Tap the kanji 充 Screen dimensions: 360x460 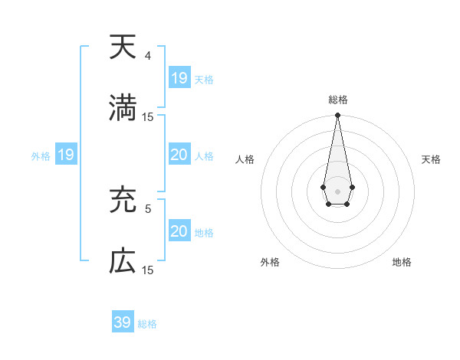pos(123,201)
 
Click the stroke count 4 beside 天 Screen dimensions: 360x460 pos(148,56)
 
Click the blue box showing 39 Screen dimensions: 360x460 pos(123,322)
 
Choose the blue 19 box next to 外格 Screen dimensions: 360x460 pos(65,155)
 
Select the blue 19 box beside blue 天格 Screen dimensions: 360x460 pos(179,78)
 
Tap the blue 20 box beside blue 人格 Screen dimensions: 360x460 pos(179,155)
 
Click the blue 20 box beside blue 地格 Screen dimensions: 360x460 pos(179,231)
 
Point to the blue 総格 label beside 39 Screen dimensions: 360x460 pos(147,324)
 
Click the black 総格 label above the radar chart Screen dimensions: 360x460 pos(337,100)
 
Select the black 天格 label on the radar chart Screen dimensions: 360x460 pos(431,159)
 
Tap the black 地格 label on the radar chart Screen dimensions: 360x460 pos(402,262)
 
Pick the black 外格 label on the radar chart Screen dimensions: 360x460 pos(270,262)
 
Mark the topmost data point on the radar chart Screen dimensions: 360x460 pos(337,116)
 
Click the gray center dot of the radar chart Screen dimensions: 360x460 pos(337,190)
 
